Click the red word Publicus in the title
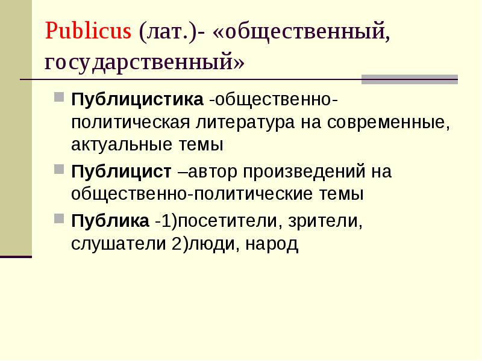click(88, 31)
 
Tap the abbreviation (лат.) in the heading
click(167, 31)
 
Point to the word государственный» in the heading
click(145, 62)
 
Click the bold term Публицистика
click(137, 100)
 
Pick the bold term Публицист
click(121, 171)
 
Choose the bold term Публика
click(110, 220)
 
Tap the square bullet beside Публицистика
click(59, 97)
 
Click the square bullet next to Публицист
click(59, 169)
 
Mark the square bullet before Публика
click(59, 218)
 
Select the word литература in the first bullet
click(245, 123)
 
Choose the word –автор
click(207, 171)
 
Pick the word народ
click(272, 244)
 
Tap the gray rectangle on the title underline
click(410, 79)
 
